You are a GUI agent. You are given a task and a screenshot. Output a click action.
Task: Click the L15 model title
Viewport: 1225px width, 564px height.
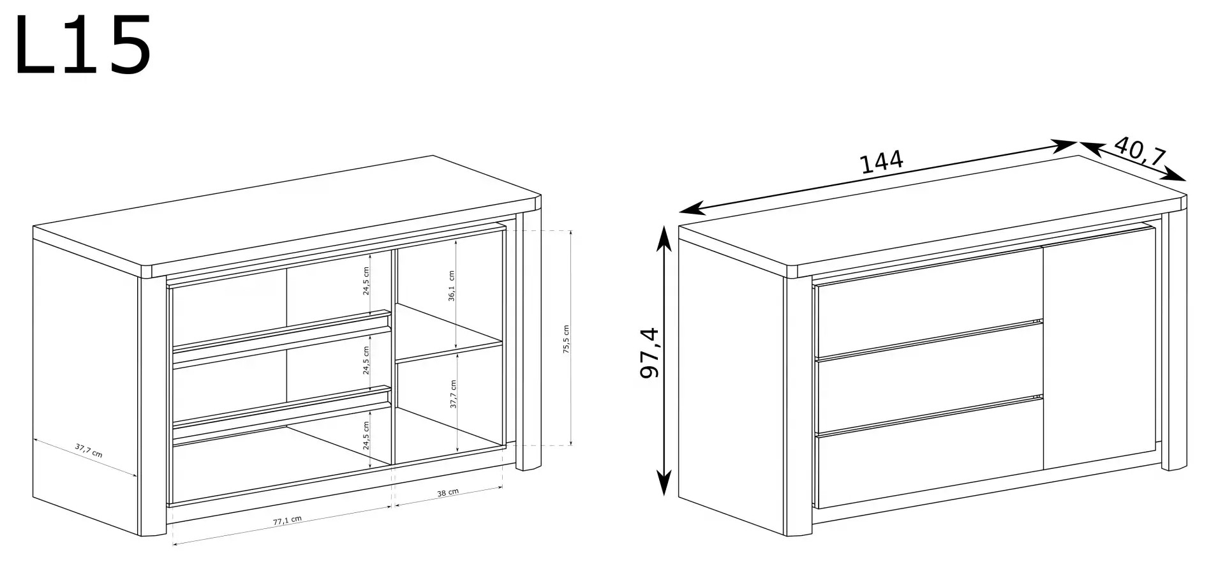83,45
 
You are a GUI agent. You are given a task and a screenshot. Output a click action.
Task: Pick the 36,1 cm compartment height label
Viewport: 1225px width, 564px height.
451,285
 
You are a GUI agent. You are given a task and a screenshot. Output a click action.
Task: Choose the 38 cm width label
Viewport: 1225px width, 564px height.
448,493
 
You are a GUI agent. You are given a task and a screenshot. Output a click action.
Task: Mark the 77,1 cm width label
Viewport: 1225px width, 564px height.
287,520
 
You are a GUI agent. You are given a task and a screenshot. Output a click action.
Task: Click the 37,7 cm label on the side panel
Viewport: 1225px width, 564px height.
89,450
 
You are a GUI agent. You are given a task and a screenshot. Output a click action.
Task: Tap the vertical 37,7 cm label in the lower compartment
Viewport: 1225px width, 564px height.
453,394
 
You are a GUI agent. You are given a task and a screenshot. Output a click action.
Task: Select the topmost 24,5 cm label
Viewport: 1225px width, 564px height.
366,281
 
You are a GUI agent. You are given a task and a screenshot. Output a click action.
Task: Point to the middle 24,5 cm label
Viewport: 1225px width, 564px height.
366,360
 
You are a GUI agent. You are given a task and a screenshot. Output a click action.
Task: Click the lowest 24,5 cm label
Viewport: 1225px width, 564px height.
366,436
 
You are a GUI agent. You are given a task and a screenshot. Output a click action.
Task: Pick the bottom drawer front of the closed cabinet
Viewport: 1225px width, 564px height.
930,452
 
